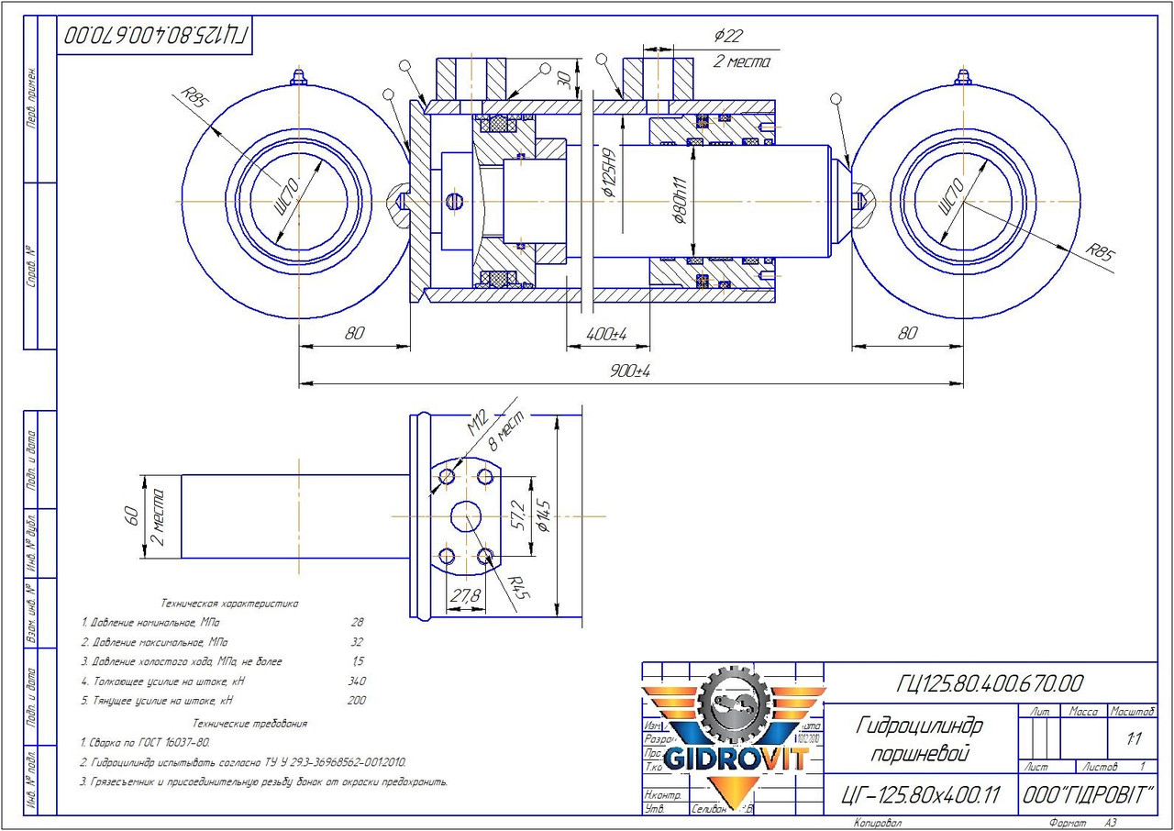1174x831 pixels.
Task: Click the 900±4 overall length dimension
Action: [x=629, y=371]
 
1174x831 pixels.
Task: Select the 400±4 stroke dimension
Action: [x=605, y=335]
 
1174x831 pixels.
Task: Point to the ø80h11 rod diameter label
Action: [x=680, y=202]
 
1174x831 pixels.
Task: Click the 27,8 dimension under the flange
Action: [x=465, y=596]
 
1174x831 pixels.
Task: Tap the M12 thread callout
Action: [x=477, y=425]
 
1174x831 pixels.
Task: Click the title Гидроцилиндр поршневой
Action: [x=917, y=740]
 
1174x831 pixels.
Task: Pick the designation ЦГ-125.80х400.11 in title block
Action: [x=920, y=794]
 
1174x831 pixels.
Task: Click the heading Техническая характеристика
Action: [x=229, y=604]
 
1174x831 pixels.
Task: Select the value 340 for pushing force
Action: [x=357, y=681]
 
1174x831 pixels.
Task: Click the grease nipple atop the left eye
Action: [x=297, y=78]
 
